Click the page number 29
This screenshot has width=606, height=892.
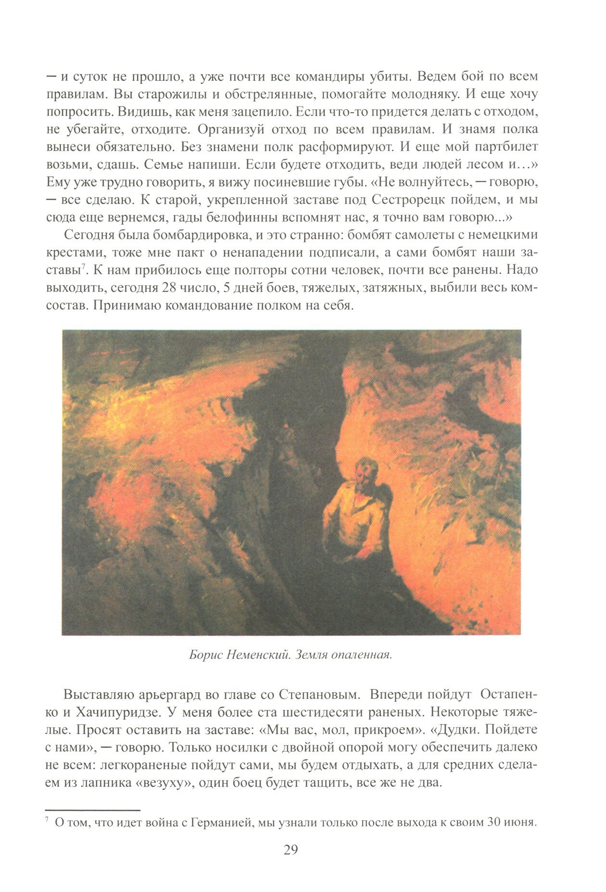[x=291, y=850]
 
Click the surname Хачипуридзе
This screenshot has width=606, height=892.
[x=124, y=712]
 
